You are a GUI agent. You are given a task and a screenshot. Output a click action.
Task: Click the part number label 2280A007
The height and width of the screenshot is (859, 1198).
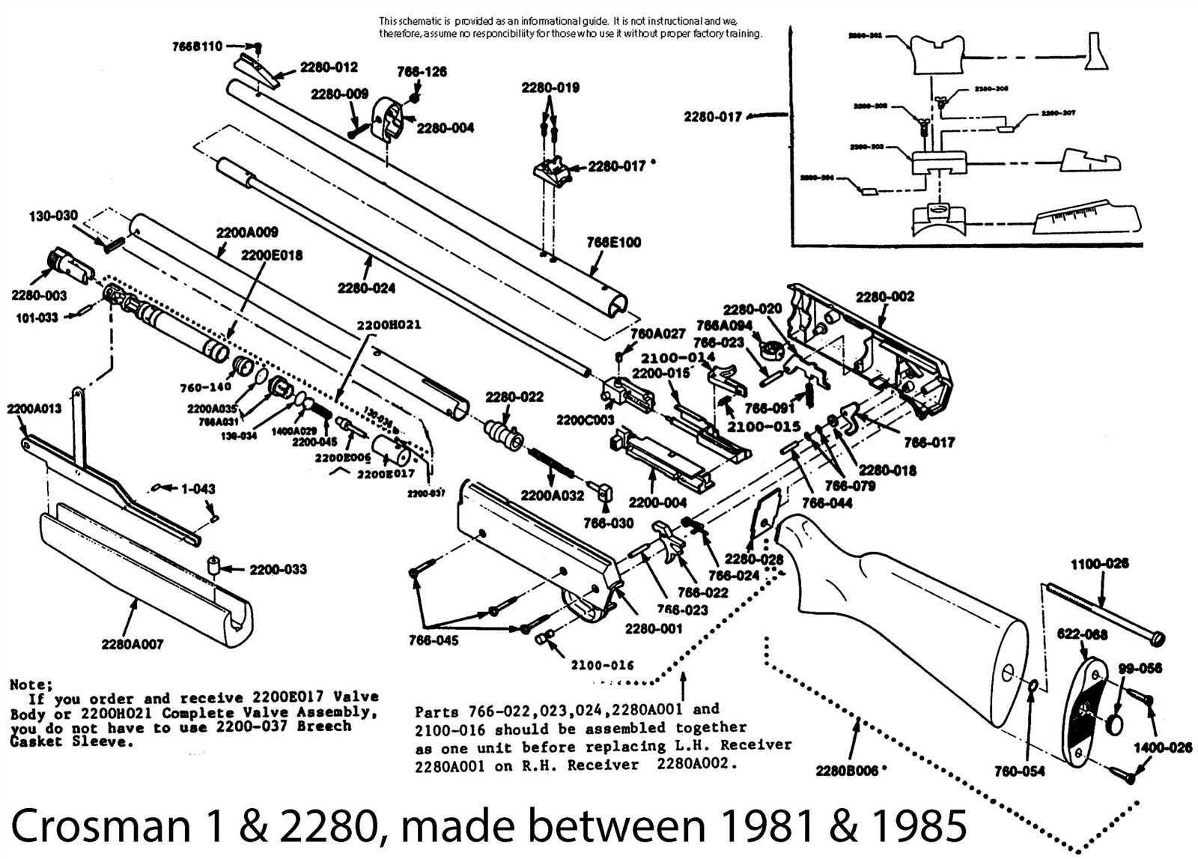tap(133, 644)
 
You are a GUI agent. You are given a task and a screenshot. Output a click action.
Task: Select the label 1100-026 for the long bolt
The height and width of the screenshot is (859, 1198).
tap(1099, 563)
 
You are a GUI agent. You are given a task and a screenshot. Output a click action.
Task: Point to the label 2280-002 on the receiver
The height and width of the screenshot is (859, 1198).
tap(885, 297)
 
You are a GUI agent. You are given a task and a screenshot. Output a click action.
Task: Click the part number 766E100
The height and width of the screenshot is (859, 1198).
tap(613, 242)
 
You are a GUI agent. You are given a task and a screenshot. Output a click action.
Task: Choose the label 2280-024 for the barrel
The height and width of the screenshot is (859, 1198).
tap(366, 288)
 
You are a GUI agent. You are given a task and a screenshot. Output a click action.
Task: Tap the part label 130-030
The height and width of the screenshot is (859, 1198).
tap(53, 216)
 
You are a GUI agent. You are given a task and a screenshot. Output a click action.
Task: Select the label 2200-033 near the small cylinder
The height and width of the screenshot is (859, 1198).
tap(278, 569)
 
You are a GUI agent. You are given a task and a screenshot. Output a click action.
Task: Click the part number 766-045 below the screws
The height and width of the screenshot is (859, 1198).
tap(434, 640)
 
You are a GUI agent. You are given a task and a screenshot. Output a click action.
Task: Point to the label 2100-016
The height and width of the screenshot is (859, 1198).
tap(602, 665)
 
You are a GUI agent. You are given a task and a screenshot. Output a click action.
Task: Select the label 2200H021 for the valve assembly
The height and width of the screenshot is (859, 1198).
tap(389, 325)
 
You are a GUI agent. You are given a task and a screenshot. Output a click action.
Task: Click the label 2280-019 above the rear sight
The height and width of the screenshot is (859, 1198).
tap(550, 88)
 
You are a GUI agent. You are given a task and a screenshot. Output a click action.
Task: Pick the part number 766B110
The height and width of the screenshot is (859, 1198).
tap(197, 46)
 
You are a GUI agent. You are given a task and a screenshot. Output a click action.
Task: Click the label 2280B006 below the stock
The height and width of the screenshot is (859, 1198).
tap(846, 771)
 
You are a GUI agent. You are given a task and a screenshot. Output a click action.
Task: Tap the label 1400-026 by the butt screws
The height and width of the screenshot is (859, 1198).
tap(1162, 747)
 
